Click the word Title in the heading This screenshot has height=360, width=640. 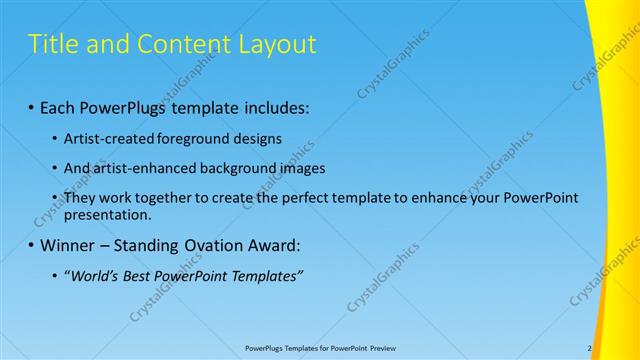click(51, 44)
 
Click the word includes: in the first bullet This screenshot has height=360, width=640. click(274, 105)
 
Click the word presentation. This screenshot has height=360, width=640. click(107, 214)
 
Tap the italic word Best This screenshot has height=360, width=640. click(141, 276)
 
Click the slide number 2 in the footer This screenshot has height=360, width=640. click(589, 348)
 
